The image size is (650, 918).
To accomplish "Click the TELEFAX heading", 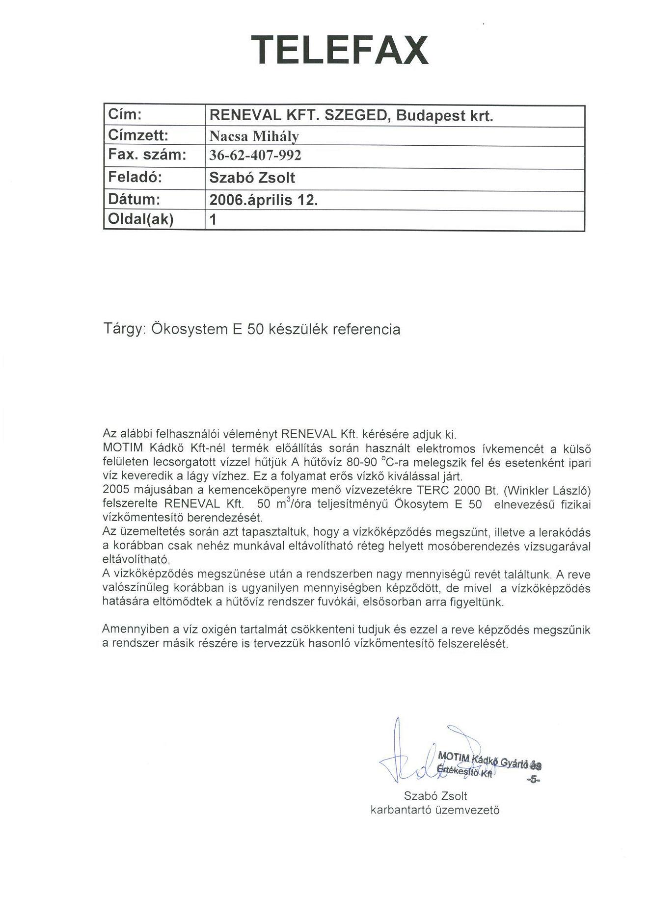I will click(340, 50).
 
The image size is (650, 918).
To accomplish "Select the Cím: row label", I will click(125, 114).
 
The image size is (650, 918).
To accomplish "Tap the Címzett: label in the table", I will click(138, 135).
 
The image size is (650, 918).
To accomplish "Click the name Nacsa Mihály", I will click(254, 136).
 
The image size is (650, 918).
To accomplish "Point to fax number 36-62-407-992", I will click(255, 156).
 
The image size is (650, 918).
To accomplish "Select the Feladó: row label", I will click(135, 177).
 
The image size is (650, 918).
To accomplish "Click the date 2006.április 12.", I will click(264, 200).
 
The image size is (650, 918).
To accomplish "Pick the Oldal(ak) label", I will click(141, 219).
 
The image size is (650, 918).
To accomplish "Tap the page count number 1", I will click(213, 220).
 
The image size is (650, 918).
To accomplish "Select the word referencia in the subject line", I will click(366, 329).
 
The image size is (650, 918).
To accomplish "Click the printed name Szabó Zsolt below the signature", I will click(435, 796).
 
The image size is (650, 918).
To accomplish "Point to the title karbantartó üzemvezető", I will click(435, 810).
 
